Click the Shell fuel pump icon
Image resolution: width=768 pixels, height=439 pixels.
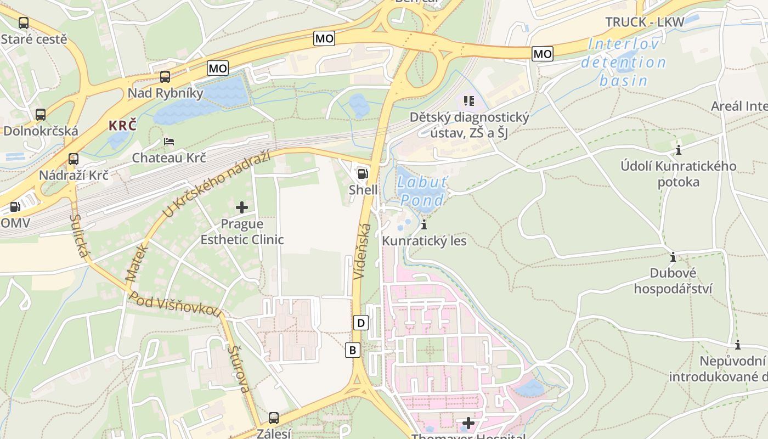pyautogui.click(x=362, y=175)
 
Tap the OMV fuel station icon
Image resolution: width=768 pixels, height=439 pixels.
pyautogui.click(x=15, y=207)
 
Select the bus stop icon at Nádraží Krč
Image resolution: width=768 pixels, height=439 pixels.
pyautogui.click(x=73, y=159)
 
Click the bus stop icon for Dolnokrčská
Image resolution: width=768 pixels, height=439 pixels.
pyautogui.click(x=41, y=115)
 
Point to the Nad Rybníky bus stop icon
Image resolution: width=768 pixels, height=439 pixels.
pyautogui.click(x=165, y=77)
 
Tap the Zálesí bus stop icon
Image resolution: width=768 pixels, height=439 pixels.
pyautogui.click(x=274, y=418)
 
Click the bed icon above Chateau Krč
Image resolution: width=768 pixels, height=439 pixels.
pyautogui.click(x=169, y=142)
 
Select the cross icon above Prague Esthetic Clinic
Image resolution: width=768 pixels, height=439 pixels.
pyautogui.click(x=242, y=207)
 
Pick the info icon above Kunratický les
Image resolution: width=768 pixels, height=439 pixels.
pyautogui.click(x=423, y=224)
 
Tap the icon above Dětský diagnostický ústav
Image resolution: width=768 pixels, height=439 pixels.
pyautogui.click(x=469, y=100)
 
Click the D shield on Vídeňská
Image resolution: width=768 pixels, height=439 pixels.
pyautogui.click(x=361, y=323)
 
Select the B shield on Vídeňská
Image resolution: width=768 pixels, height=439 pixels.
pyautogui.click(x=353, y=350)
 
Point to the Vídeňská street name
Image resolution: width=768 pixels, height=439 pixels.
pyautogui.click(x=363, y=252)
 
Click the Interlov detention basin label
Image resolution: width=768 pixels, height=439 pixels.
pyautogui.click(x=623, y=62)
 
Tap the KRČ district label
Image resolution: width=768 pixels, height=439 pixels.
pyautogui.click(x=122, y=125)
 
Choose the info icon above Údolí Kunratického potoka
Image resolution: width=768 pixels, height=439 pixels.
pyautogui.click(x=679, y=150)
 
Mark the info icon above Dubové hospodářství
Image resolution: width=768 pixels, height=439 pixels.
pyautogui.click(x=673, y=257)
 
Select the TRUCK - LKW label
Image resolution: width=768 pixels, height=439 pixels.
pyautogui.click(x=645, y=22)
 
